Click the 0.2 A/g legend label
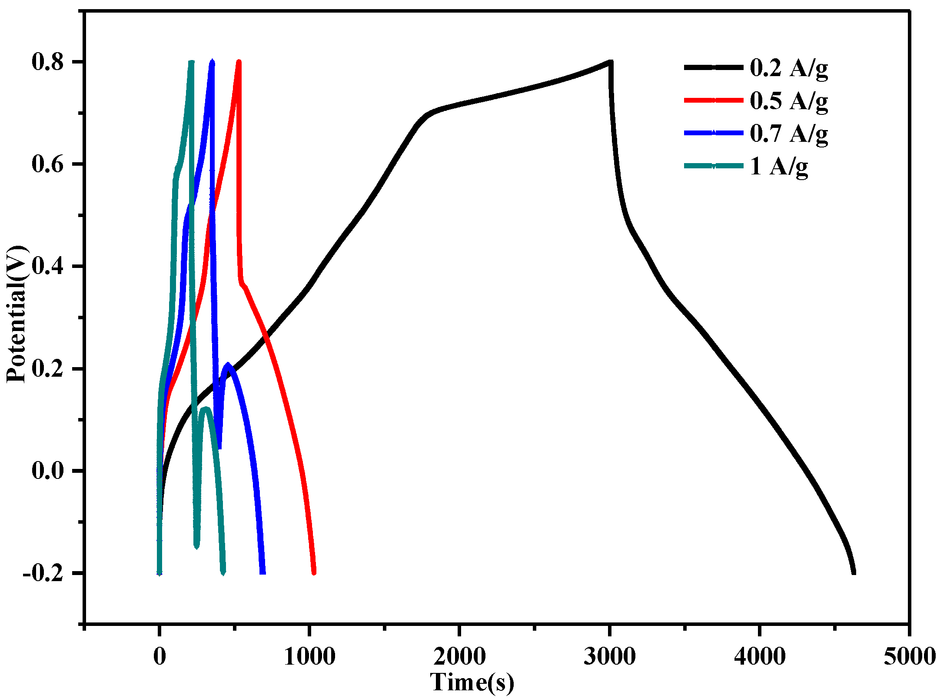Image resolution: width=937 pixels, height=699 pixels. point(788,69)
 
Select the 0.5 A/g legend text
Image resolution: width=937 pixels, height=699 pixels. point(788,102)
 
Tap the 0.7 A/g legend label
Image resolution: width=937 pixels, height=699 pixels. point(788,134)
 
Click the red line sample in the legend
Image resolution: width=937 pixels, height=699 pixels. point(713,100)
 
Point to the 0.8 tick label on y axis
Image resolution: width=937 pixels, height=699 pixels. point(48,62)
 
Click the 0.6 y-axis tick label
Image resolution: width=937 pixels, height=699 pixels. point(48,164)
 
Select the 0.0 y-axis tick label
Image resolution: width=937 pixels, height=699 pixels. point(48,471)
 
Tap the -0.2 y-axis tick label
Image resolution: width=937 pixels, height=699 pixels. point(43,573)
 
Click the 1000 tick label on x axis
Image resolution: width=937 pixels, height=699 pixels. point(309,656)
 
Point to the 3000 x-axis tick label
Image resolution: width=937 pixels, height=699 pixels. point(609,656)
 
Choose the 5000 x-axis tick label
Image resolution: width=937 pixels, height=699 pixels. point(909,656)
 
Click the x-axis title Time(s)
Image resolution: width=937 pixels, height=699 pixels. point(472,682)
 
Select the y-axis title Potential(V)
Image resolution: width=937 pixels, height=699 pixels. point(17,314)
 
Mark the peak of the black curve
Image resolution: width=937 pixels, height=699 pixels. point(610,62)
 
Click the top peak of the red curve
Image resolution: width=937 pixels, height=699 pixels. point(239,62)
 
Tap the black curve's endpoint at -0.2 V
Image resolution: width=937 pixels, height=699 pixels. point(854,572)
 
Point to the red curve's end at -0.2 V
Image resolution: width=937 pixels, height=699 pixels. point(314,572)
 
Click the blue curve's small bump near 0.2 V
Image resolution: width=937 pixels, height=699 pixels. point(227,365)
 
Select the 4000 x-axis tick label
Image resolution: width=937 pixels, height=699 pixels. point(759,656)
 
